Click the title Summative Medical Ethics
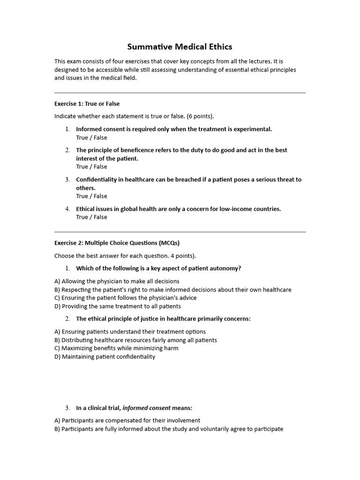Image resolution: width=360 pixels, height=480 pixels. point(180,47)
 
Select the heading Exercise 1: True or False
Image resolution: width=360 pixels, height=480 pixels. point(87,104)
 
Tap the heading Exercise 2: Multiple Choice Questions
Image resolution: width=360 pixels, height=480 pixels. point(117,243)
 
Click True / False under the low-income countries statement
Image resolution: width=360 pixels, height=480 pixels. point(91,217)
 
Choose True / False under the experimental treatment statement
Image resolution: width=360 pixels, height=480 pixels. point(91,137)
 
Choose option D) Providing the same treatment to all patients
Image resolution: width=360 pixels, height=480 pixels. point(118,306)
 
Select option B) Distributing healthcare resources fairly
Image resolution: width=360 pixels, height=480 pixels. point(135,340)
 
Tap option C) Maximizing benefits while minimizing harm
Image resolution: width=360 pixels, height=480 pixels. point(116,348)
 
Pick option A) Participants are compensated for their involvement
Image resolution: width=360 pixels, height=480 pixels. point(127,420)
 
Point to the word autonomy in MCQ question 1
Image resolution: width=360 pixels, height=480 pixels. point(226,268)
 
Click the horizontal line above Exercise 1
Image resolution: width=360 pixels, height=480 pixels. point(180,93)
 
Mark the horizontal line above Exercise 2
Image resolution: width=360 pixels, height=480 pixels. point(180,232)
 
